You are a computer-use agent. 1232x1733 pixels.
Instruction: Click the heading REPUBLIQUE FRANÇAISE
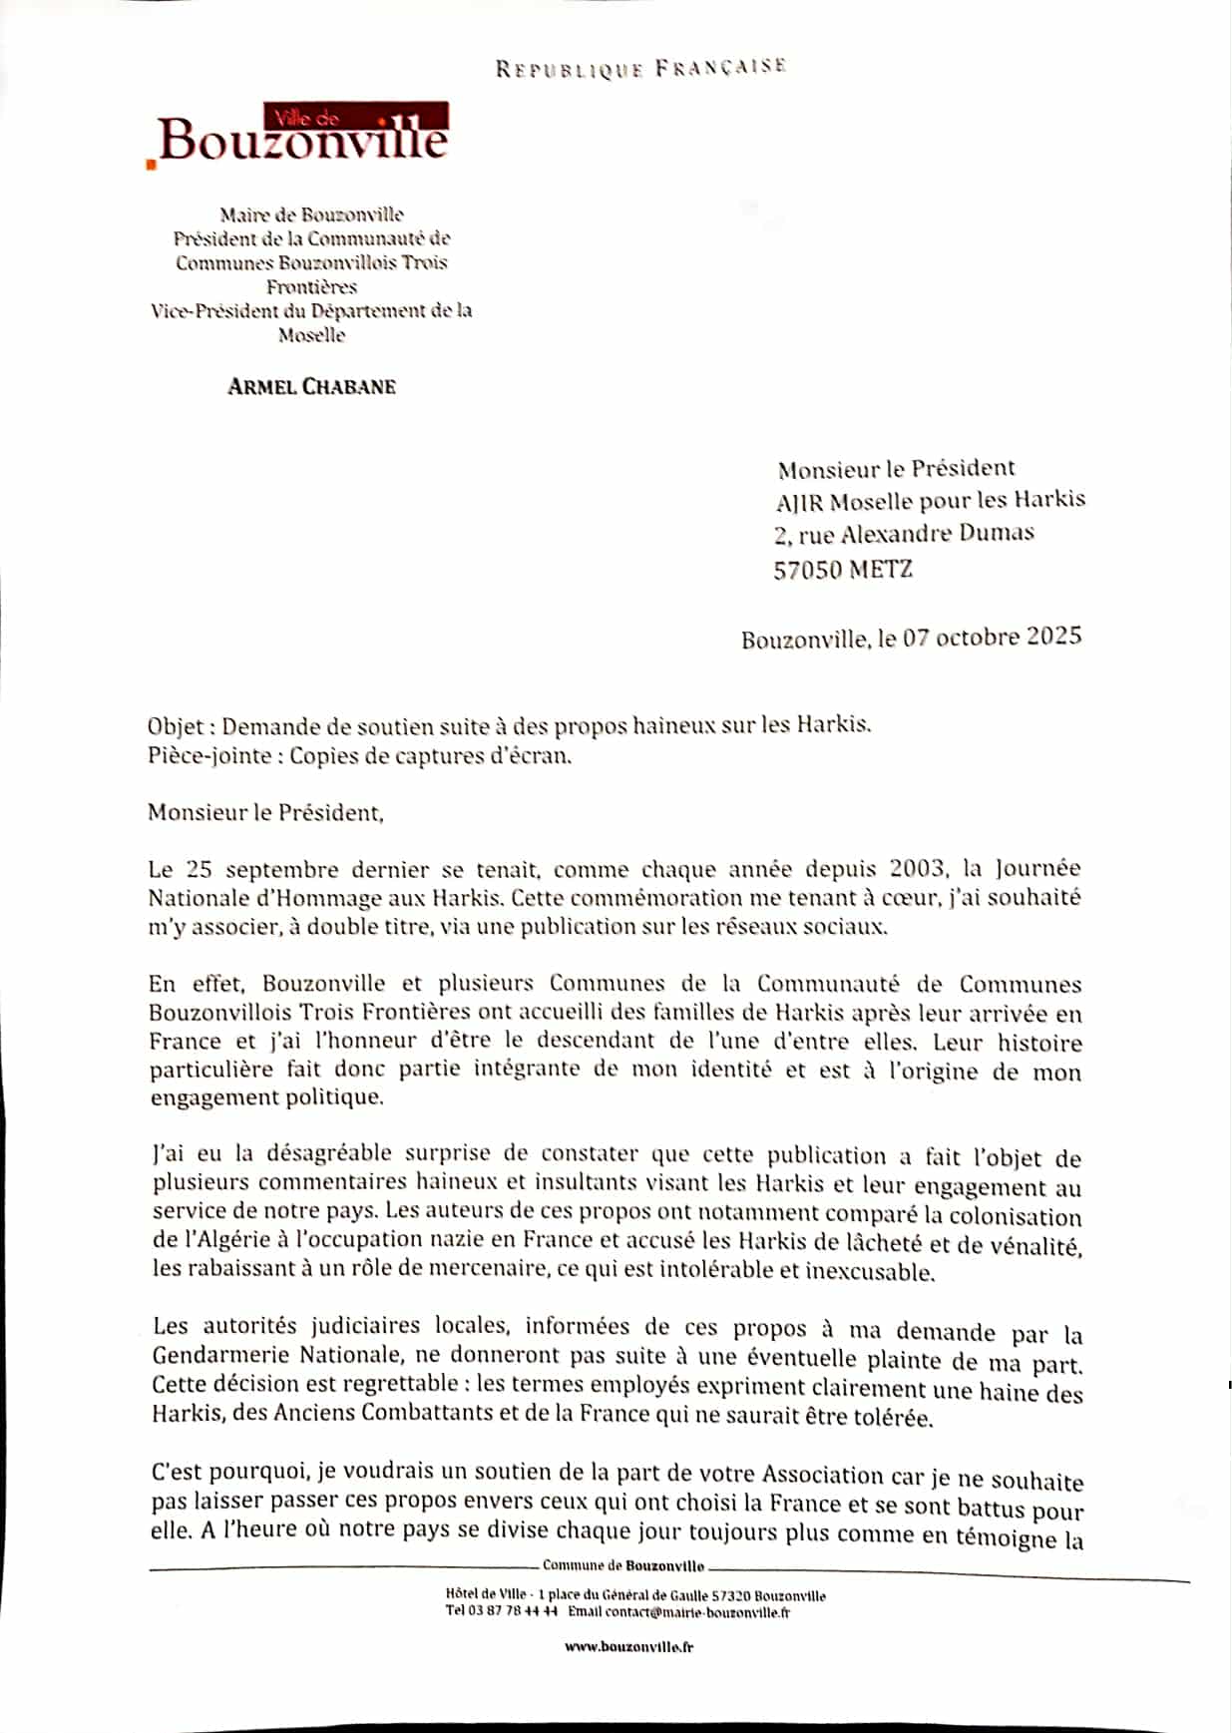pyautogui.click(x=640, y=68)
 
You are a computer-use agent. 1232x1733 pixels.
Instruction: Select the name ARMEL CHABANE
pyautogui.click(x=311, y=387)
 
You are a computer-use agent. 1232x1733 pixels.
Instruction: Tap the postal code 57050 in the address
pyautogui.click(x=807, y=570)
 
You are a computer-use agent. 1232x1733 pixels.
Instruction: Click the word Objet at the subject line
pyautogui.click(x=176, y=726)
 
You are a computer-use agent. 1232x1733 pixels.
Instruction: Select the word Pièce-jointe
pyautogui.click(x=209, y=755)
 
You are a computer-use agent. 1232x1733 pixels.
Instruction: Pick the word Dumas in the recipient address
pyautogui.click(x=996, y=533)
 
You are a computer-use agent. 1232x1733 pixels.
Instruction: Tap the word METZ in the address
pyautogui.click(x=881, y=570)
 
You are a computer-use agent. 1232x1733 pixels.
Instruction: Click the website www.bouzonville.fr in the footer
pyautogui.click(x=628, y=1646)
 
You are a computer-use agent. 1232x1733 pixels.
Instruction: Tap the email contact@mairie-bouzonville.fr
pyautogui.click(x=697, y=1612)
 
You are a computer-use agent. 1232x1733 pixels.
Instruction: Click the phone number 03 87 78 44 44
pyautogui.click(x=513, y=1612)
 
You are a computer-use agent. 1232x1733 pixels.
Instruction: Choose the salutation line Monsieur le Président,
pyautogui.click(x=265, y=812)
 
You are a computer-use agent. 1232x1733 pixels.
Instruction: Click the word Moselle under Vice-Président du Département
pyautogui.click(x=311, y=335)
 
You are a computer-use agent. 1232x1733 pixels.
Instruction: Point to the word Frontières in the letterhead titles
pyautogui.click(x=311, y=287)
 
